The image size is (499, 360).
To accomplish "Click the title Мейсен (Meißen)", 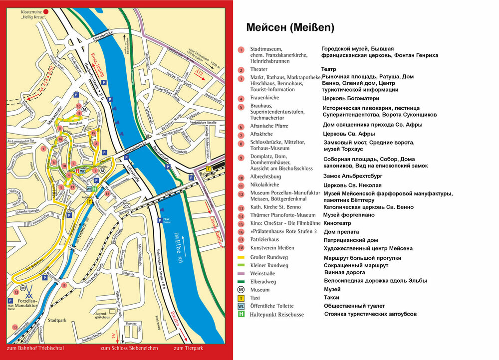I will click(290, 27).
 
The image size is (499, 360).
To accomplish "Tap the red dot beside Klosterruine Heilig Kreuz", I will click(46, 11).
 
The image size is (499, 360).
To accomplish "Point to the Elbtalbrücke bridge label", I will click(104, 38).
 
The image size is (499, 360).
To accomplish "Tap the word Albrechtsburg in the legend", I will click(265, 177).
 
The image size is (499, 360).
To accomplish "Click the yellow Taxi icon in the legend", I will click(241, 298).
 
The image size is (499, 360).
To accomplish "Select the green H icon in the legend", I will click(241, 314).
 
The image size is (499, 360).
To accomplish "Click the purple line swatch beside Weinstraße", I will click(241, 273).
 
